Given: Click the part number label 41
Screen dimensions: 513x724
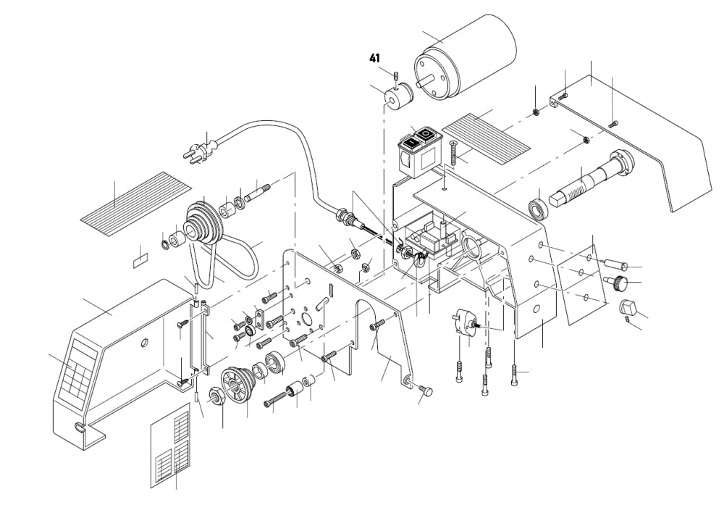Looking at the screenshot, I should pyautogui.click(x=375, y=58).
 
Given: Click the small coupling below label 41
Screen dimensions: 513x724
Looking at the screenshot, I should pyautogui.click(x=397, y=96).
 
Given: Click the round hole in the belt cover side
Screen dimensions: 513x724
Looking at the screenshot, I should pyautogui.click(x=145, y=342).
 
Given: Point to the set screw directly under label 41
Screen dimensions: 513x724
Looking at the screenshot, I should pyautogui.click(x=397, y=76).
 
